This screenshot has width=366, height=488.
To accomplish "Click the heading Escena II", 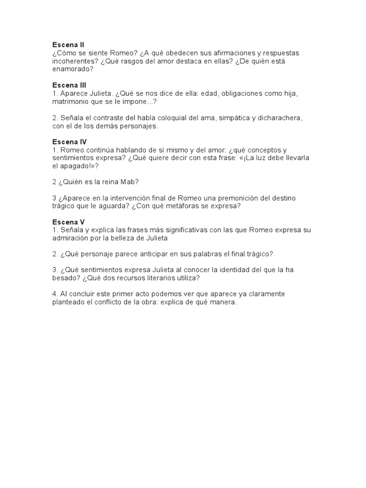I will pos(68,44).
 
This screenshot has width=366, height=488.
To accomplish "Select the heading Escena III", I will pos(69,85).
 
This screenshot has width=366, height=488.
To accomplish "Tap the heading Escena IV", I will pos(69,142).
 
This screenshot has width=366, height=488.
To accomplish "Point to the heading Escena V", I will pos(68,222).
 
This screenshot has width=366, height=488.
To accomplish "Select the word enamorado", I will pos(71,69).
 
